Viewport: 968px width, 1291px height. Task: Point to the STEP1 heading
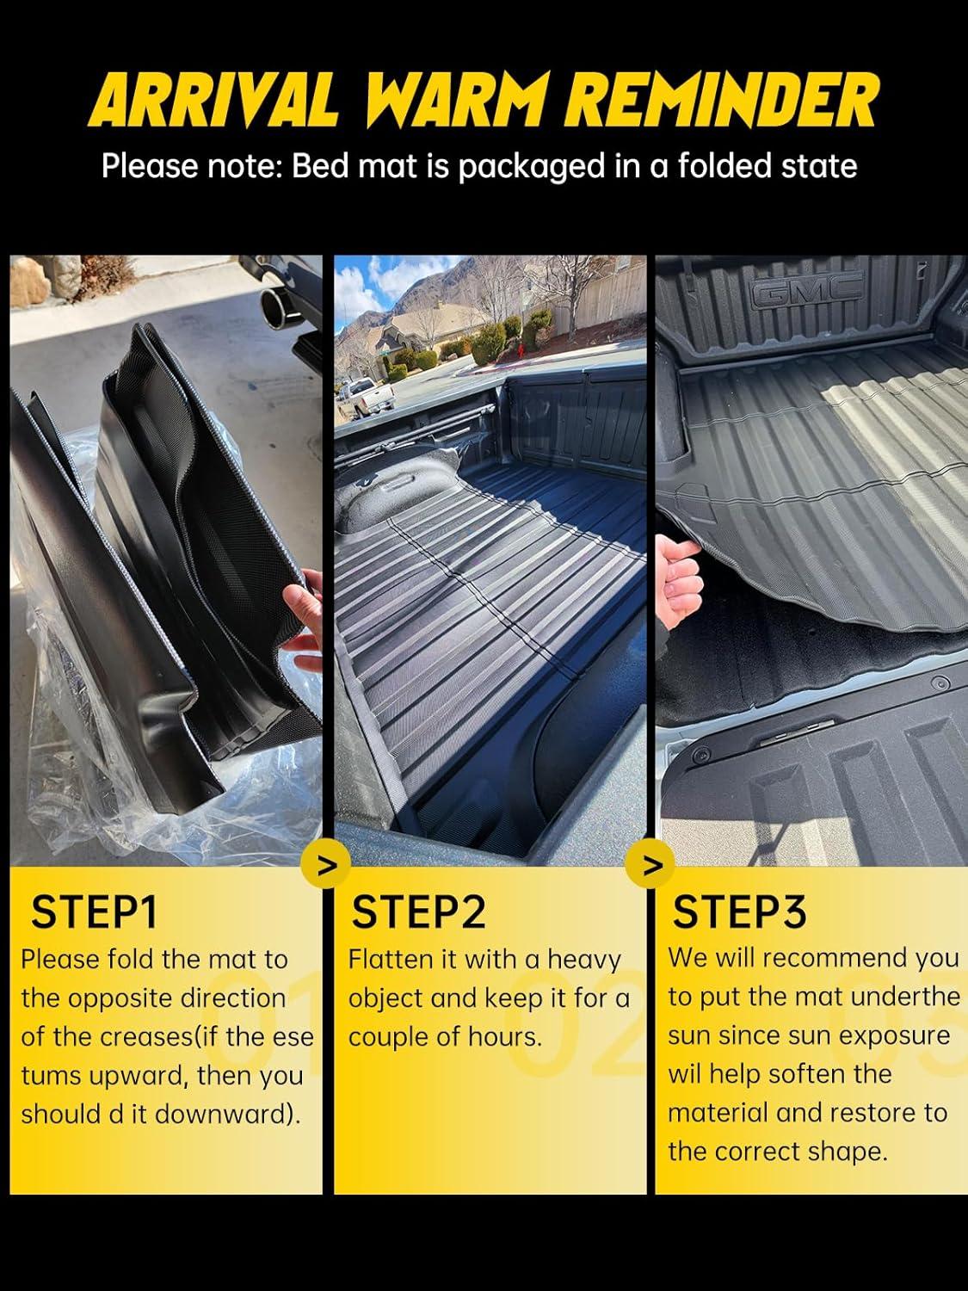(x=94, y=912)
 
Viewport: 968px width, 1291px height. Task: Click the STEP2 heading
(x=418, y=912)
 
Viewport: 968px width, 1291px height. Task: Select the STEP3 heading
(x=739, y=912)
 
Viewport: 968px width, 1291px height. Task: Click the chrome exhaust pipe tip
(x=280, y=307)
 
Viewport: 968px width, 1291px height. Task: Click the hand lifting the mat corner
(x=679, y=579)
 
